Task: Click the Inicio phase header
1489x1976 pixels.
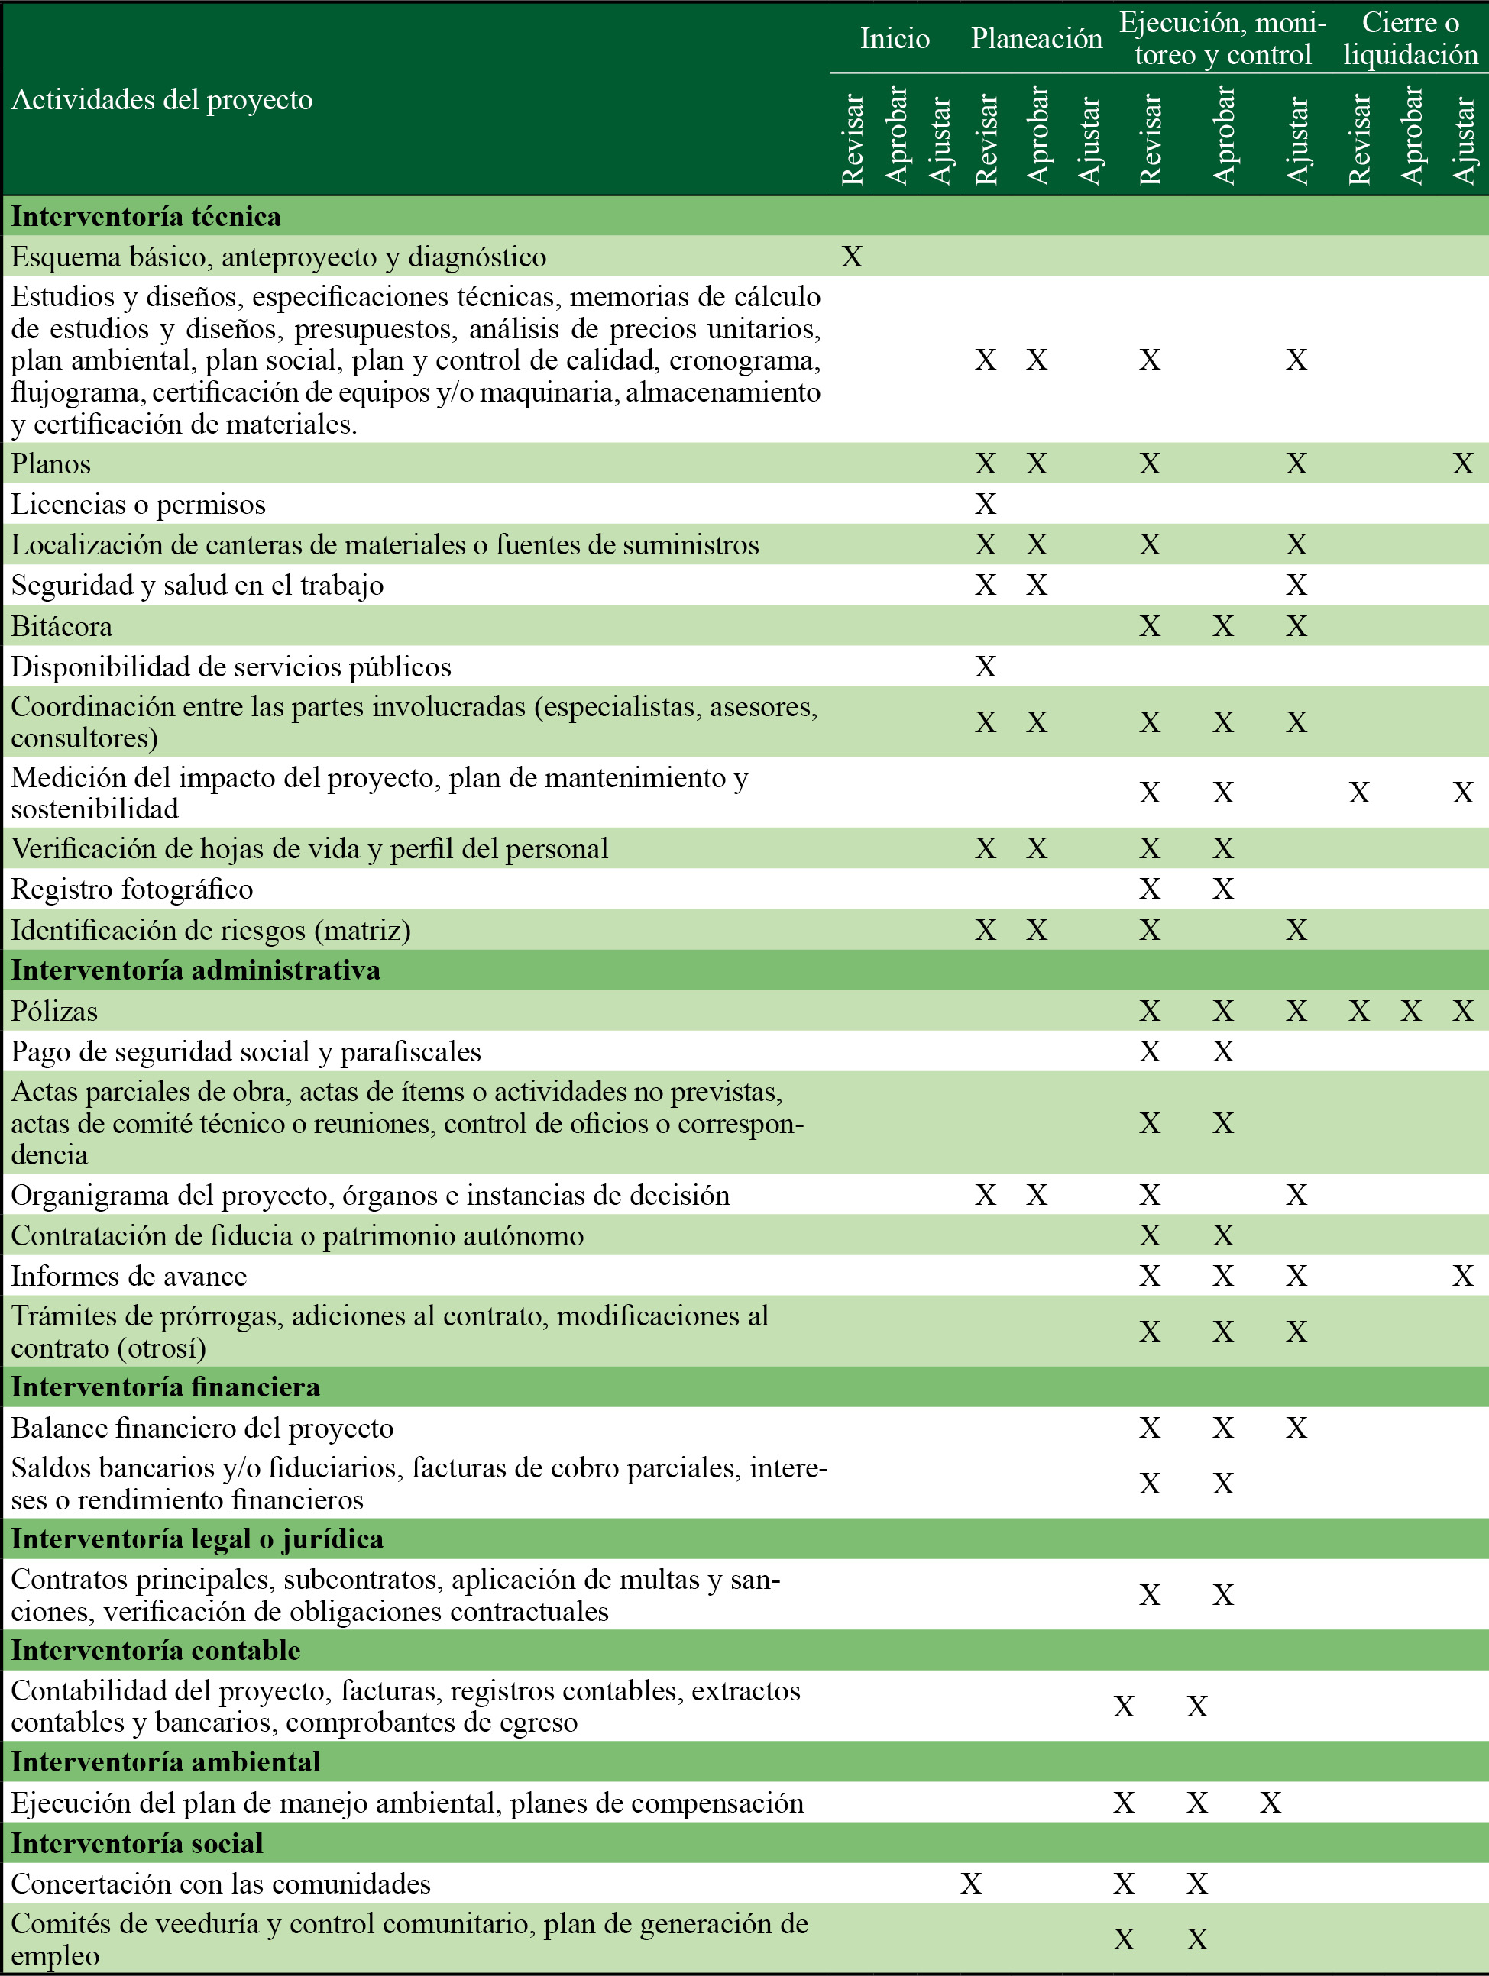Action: (895, 38)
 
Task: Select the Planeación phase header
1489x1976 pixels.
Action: (1037, 38)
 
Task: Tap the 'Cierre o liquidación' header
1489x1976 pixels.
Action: (1410, 38)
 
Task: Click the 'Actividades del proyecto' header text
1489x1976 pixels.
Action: (162, 99)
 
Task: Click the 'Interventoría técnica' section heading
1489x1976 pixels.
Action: (146, 216)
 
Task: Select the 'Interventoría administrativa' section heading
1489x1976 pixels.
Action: (196, 970)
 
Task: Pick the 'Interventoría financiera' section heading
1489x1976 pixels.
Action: (165, 1387)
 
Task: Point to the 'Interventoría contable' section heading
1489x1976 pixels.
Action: (156, 1650)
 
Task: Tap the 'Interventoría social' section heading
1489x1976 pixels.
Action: (137, 1843)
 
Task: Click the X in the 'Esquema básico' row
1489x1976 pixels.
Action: (853, 257)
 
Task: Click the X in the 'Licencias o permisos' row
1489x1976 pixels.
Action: (985, 505)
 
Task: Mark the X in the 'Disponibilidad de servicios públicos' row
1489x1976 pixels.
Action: (985, 667)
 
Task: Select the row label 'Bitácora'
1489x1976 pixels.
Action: (62, 626)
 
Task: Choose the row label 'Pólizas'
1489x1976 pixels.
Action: (54, 1011)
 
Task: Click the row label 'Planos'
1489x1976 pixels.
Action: (51, 463)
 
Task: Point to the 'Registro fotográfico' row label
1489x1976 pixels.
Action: (131, 889)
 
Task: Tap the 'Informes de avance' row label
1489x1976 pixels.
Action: (128, 1276)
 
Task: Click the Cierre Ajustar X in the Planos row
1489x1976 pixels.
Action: (1463, 463)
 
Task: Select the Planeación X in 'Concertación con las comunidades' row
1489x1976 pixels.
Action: (970, 1884)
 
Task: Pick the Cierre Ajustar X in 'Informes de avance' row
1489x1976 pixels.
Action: (1463, 1276)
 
